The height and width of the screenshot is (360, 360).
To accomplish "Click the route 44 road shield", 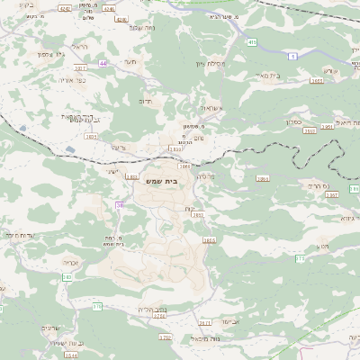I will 103,64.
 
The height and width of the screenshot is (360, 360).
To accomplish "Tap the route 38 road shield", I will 119,206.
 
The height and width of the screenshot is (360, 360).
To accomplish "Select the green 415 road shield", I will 253,42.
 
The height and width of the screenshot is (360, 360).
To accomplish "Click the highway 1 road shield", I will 292,55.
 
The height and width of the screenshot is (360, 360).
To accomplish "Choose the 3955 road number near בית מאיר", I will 316,80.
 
